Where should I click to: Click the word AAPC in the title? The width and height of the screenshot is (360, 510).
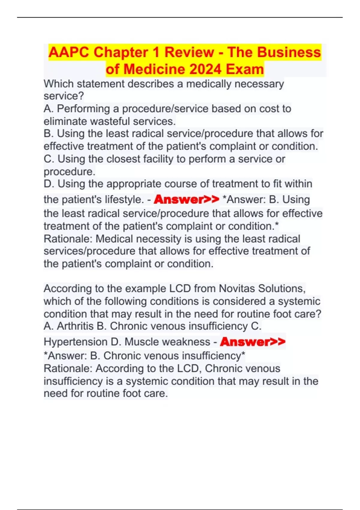coord(69,52)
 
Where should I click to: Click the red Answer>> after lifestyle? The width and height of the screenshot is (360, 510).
coord(186,199)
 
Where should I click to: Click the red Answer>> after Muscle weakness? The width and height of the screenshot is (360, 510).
coord(253,342)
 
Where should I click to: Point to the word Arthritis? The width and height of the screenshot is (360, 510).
coord(75,326)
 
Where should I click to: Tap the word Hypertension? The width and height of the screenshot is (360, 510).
coord(76,342)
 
